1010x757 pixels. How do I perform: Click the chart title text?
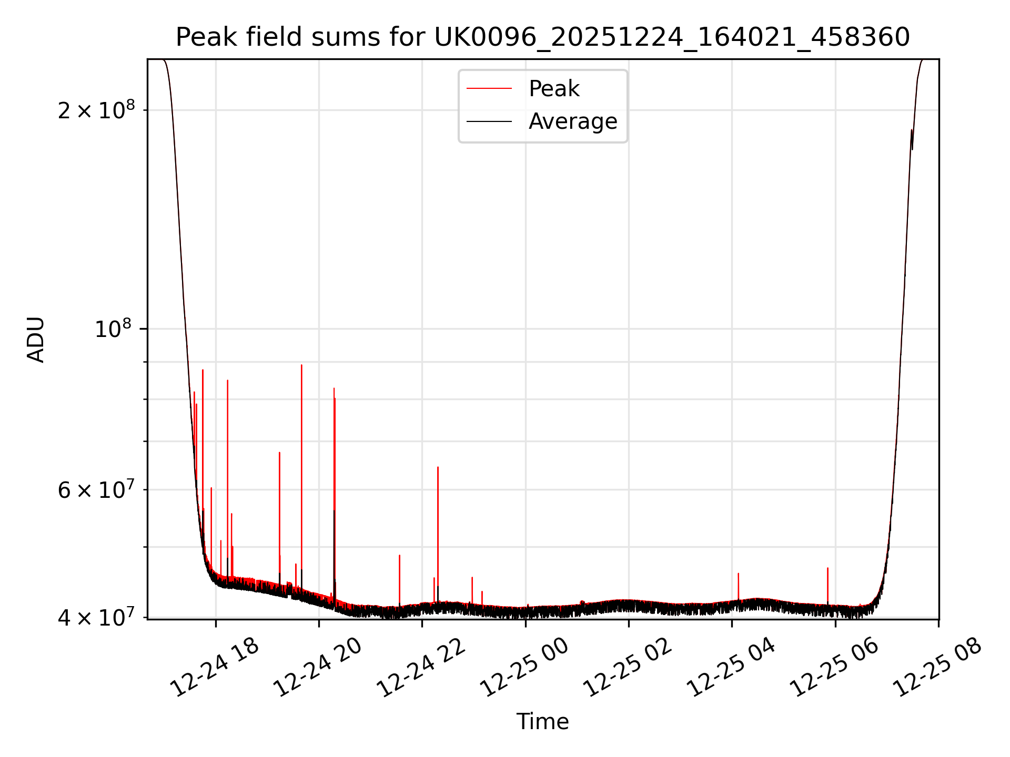[x=542, y=37]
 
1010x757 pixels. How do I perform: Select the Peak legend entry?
[x=553, y=89]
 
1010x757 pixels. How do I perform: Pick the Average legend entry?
[x=572, y=121]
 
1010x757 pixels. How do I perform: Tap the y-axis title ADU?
[x=36, y=340]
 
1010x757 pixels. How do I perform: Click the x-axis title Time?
[x=542, y=722]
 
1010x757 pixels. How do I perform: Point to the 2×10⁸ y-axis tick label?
[x=96, y=110]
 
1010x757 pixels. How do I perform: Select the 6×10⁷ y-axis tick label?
[x=96, y=490]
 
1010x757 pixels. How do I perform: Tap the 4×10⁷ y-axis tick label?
[x=96, y=618]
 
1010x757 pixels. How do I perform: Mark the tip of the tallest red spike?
[x=301, y=365]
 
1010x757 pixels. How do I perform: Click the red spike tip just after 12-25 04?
[x=739, y=574]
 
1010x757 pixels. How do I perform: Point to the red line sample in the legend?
[x=489, y=89]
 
